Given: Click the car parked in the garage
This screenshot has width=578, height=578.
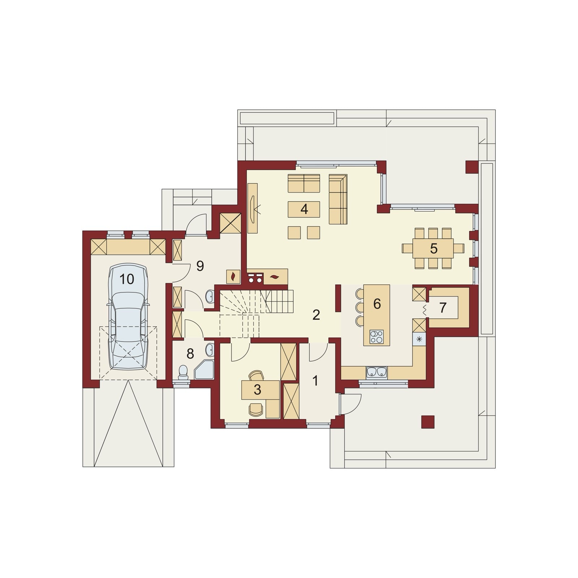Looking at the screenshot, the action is pyautogui.click(x=128, y=316).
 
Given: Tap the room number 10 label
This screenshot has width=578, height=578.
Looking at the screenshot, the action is pyautogui.click(x=127, y=279).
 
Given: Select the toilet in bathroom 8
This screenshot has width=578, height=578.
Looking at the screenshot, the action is pyautogui.click(x=184, y=372).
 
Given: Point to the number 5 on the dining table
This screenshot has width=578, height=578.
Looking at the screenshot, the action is pyautogui.click(x=433, y=249).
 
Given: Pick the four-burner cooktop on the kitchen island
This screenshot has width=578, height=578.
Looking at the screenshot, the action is pyautogui.click(x=377, y=337).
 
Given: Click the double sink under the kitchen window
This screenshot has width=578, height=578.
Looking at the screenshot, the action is pyautogui.click(x=377, y=372).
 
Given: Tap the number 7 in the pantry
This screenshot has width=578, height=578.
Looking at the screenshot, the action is pyautogui.click(x=443, y=308).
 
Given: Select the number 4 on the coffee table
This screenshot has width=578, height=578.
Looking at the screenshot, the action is pyautogui.click(x=304, y=209).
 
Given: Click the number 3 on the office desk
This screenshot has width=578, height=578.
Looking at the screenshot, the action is pyautogui.click(x=257, y=389).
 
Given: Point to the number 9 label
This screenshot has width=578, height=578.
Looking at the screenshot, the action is pyautogui.click(x=200, y=266).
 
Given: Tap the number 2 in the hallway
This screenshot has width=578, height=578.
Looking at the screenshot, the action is pyautogui.click(x=316, y=315).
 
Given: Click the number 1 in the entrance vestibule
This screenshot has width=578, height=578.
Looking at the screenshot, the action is pyautogui.click(x=315, y=380).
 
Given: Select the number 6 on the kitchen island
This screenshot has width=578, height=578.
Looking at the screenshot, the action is pyautogui.click(x=377, y=304).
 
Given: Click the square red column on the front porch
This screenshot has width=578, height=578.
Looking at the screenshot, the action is pyautogui.click(x=428, y=422).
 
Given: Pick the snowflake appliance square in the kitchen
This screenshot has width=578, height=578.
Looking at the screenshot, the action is pyautogui.click(x=419, y=339).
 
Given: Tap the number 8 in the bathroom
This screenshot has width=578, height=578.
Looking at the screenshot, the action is pyautogui.click(x=190, y=354).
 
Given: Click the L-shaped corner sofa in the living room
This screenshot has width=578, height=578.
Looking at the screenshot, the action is pyautogui.click(x=338, y=199).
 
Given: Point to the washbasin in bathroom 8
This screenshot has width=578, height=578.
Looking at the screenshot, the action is pyautogui.click(x=210, y=350).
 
